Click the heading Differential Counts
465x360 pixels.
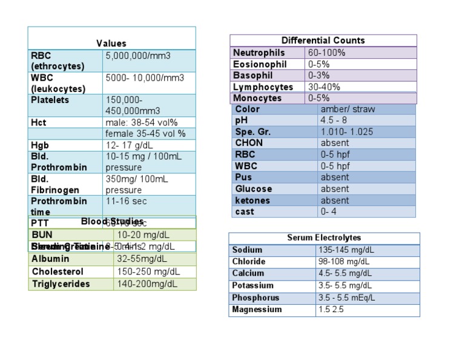click(x=323, y=41)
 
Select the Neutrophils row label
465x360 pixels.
click(x=259, y=53)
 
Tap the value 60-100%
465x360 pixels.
click(x=326, y=53)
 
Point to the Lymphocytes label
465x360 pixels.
click(x=263, y=87)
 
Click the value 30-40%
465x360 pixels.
click(x=324, y=87)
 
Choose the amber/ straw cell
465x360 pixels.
click(x=348, y=109)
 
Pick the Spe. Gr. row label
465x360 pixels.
click(x=253, y=132)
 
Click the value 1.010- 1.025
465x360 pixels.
click(x=346, y=132)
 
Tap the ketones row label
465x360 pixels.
click(x=253, y=200)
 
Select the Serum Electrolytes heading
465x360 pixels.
click(x=324, y=238)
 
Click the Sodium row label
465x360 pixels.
click(x=247, y=250)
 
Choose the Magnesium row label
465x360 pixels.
click(x=257, y=309)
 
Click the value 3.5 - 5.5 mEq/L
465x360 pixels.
click(x=346, y=298)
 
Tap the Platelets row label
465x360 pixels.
click(x=50, y=100)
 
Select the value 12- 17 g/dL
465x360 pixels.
click(x=129, y=145)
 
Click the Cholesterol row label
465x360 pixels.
click(x=58, y=272)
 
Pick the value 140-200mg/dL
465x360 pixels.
click(x=147, y=284)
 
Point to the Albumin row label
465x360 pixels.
click(x=50, y=259)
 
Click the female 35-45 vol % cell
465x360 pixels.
click(x=145, y=133)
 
